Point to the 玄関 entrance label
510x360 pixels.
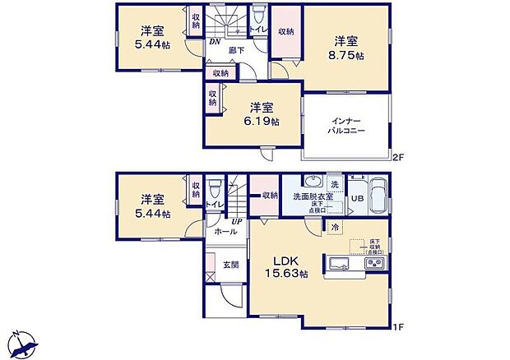tap(230, 264)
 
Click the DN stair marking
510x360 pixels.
tap(215, 42)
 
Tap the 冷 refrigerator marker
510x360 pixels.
tap(336, 226)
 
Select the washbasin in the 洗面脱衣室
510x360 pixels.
tap(311, 181)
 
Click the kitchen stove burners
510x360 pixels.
tap(373, 264)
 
